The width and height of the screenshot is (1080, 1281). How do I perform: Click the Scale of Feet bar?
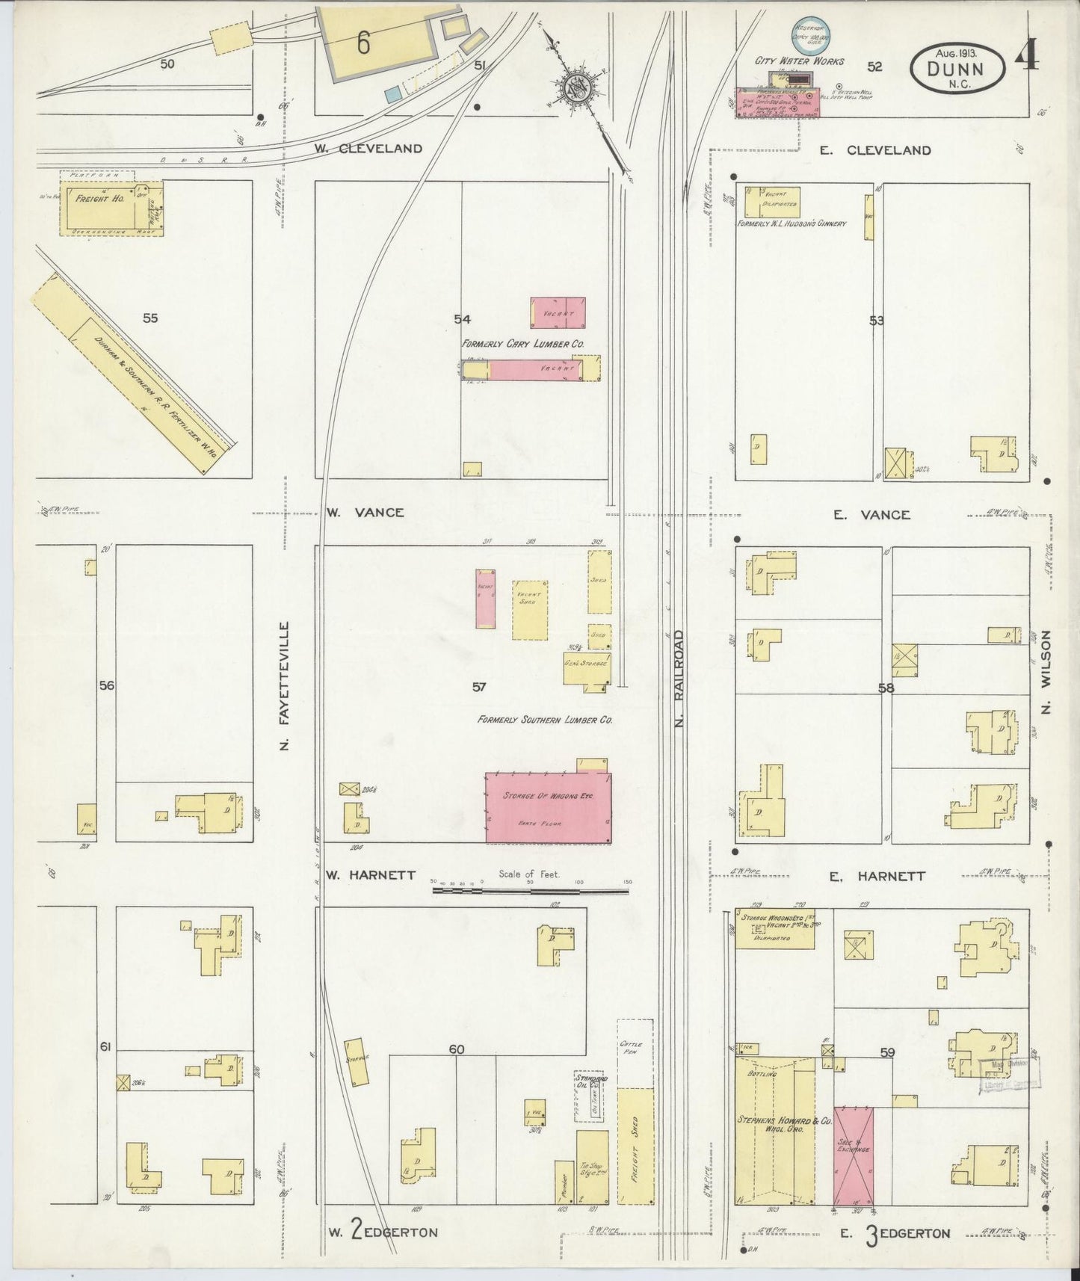coord(531,890)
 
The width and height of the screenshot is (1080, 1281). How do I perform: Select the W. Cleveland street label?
coord(368,148)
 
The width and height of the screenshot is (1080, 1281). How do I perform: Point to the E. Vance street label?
coord(871,514)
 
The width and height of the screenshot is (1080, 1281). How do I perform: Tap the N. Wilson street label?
coord(1045,672)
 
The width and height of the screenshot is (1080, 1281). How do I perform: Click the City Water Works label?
coord(799,61)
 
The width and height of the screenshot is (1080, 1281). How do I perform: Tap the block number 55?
coord(150,318)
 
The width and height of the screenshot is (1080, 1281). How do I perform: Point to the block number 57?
coord(479,687)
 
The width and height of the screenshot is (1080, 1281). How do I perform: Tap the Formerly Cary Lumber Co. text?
coord(522,343)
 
